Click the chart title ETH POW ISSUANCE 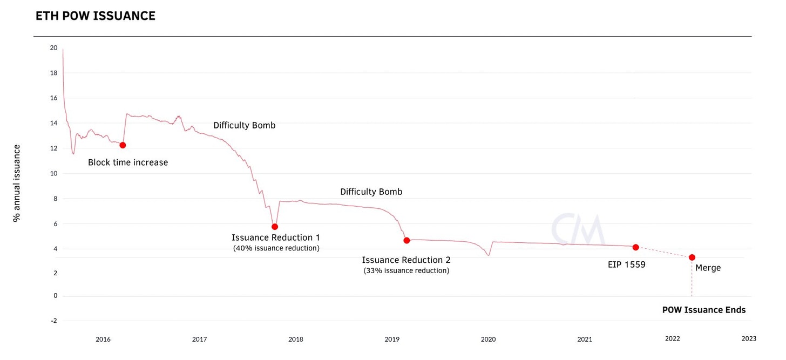95,16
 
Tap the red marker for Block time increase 123,145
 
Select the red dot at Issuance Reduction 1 275,227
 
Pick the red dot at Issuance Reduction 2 406,240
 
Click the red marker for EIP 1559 636,247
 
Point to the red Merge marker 692,257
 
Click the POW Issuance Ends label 704,310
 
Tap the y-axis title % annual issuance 17,183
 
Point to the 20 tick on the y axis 53,47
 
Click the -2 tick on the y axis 53,321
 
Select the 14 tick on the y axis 53,123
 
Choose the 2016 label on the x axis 103,339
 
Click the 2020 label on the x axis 488,339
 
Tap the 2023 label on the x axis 749,338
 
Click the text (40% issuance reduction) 276,248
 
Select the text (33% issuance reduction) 406,270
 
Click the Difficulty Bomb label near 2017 244,125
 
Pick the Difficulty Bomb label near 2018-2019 371,192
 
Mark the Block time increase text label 128,162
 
